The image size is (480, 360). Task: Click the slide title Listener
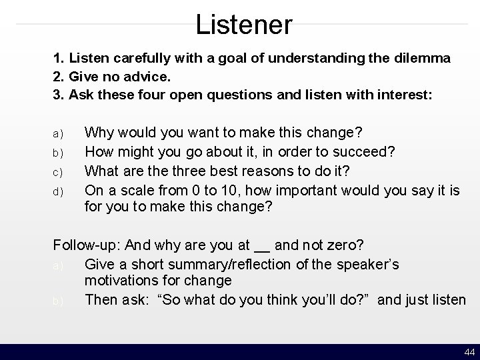click(x=243, y=25)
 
